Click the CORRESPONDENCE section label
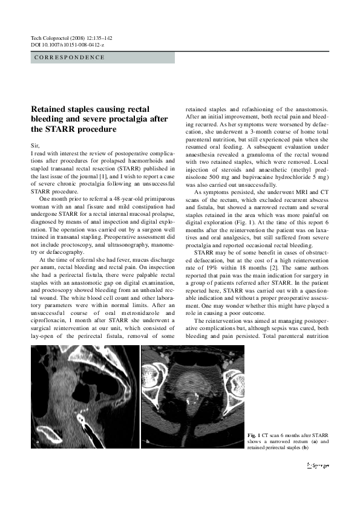click(67, 57)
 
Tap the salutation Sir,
click(35, 146)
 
